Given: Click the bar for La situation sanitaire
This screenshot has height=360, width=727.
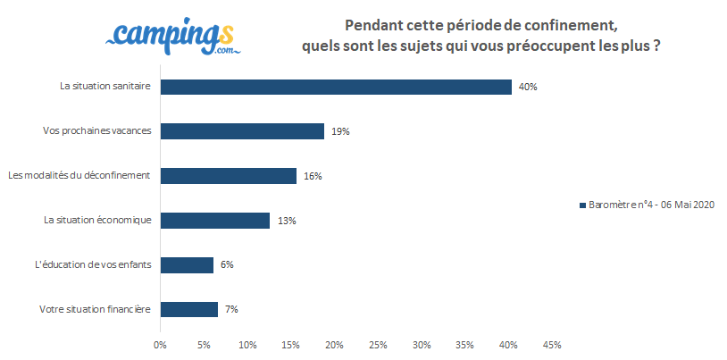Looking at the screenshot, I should pos(336,87).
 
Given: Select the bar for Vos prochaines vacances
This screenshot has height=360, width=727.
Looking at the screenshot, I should pos(242,131).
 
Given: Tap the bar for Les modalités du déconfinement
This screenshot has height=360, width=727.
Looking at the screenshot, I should pos(228,176).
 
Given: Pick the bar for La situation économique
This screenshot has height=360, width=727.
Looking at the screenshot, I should pos(214,220).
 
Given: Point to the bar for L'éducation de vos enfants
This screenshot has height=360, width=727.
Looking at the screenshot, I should pos(187,264).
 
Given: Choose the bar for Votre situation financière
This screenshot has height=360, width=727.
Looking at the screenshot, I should pos(189,309).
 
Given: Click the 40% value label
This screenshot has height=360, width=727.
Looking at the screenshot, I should pos(527,87).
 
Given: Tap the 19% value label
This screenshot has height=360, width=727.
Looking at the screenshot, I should pos(339,131).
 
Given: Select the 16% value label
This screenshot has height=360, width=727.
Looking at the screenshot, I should pos(312,176).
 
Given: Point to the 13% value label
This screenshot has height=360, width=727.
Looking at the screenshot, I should pos(286,220).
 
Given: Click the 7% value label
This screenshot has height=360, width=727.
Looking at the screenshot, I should pos(230,309).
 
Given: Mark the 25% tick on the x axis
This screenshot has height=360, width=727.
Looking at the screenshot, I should pos(377,344).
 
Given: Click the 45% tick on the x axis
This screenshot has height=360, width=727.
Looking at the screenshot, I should pos(551,344).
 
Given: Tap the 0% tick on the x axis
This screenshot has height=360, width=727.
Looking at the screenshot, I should pos(160,344).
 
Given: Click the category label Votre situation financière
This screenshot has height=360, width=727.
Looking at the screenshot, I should pos(95,309).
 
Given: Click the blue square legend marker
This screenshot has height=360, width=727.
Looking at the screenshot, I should pos(582,205).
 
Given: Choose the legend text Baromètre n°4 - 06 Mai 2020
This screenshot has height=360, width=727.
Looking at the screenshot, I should pos(652,205).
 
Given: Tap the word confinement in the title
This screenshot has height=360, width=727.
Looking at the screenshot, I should pos(572,23).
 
